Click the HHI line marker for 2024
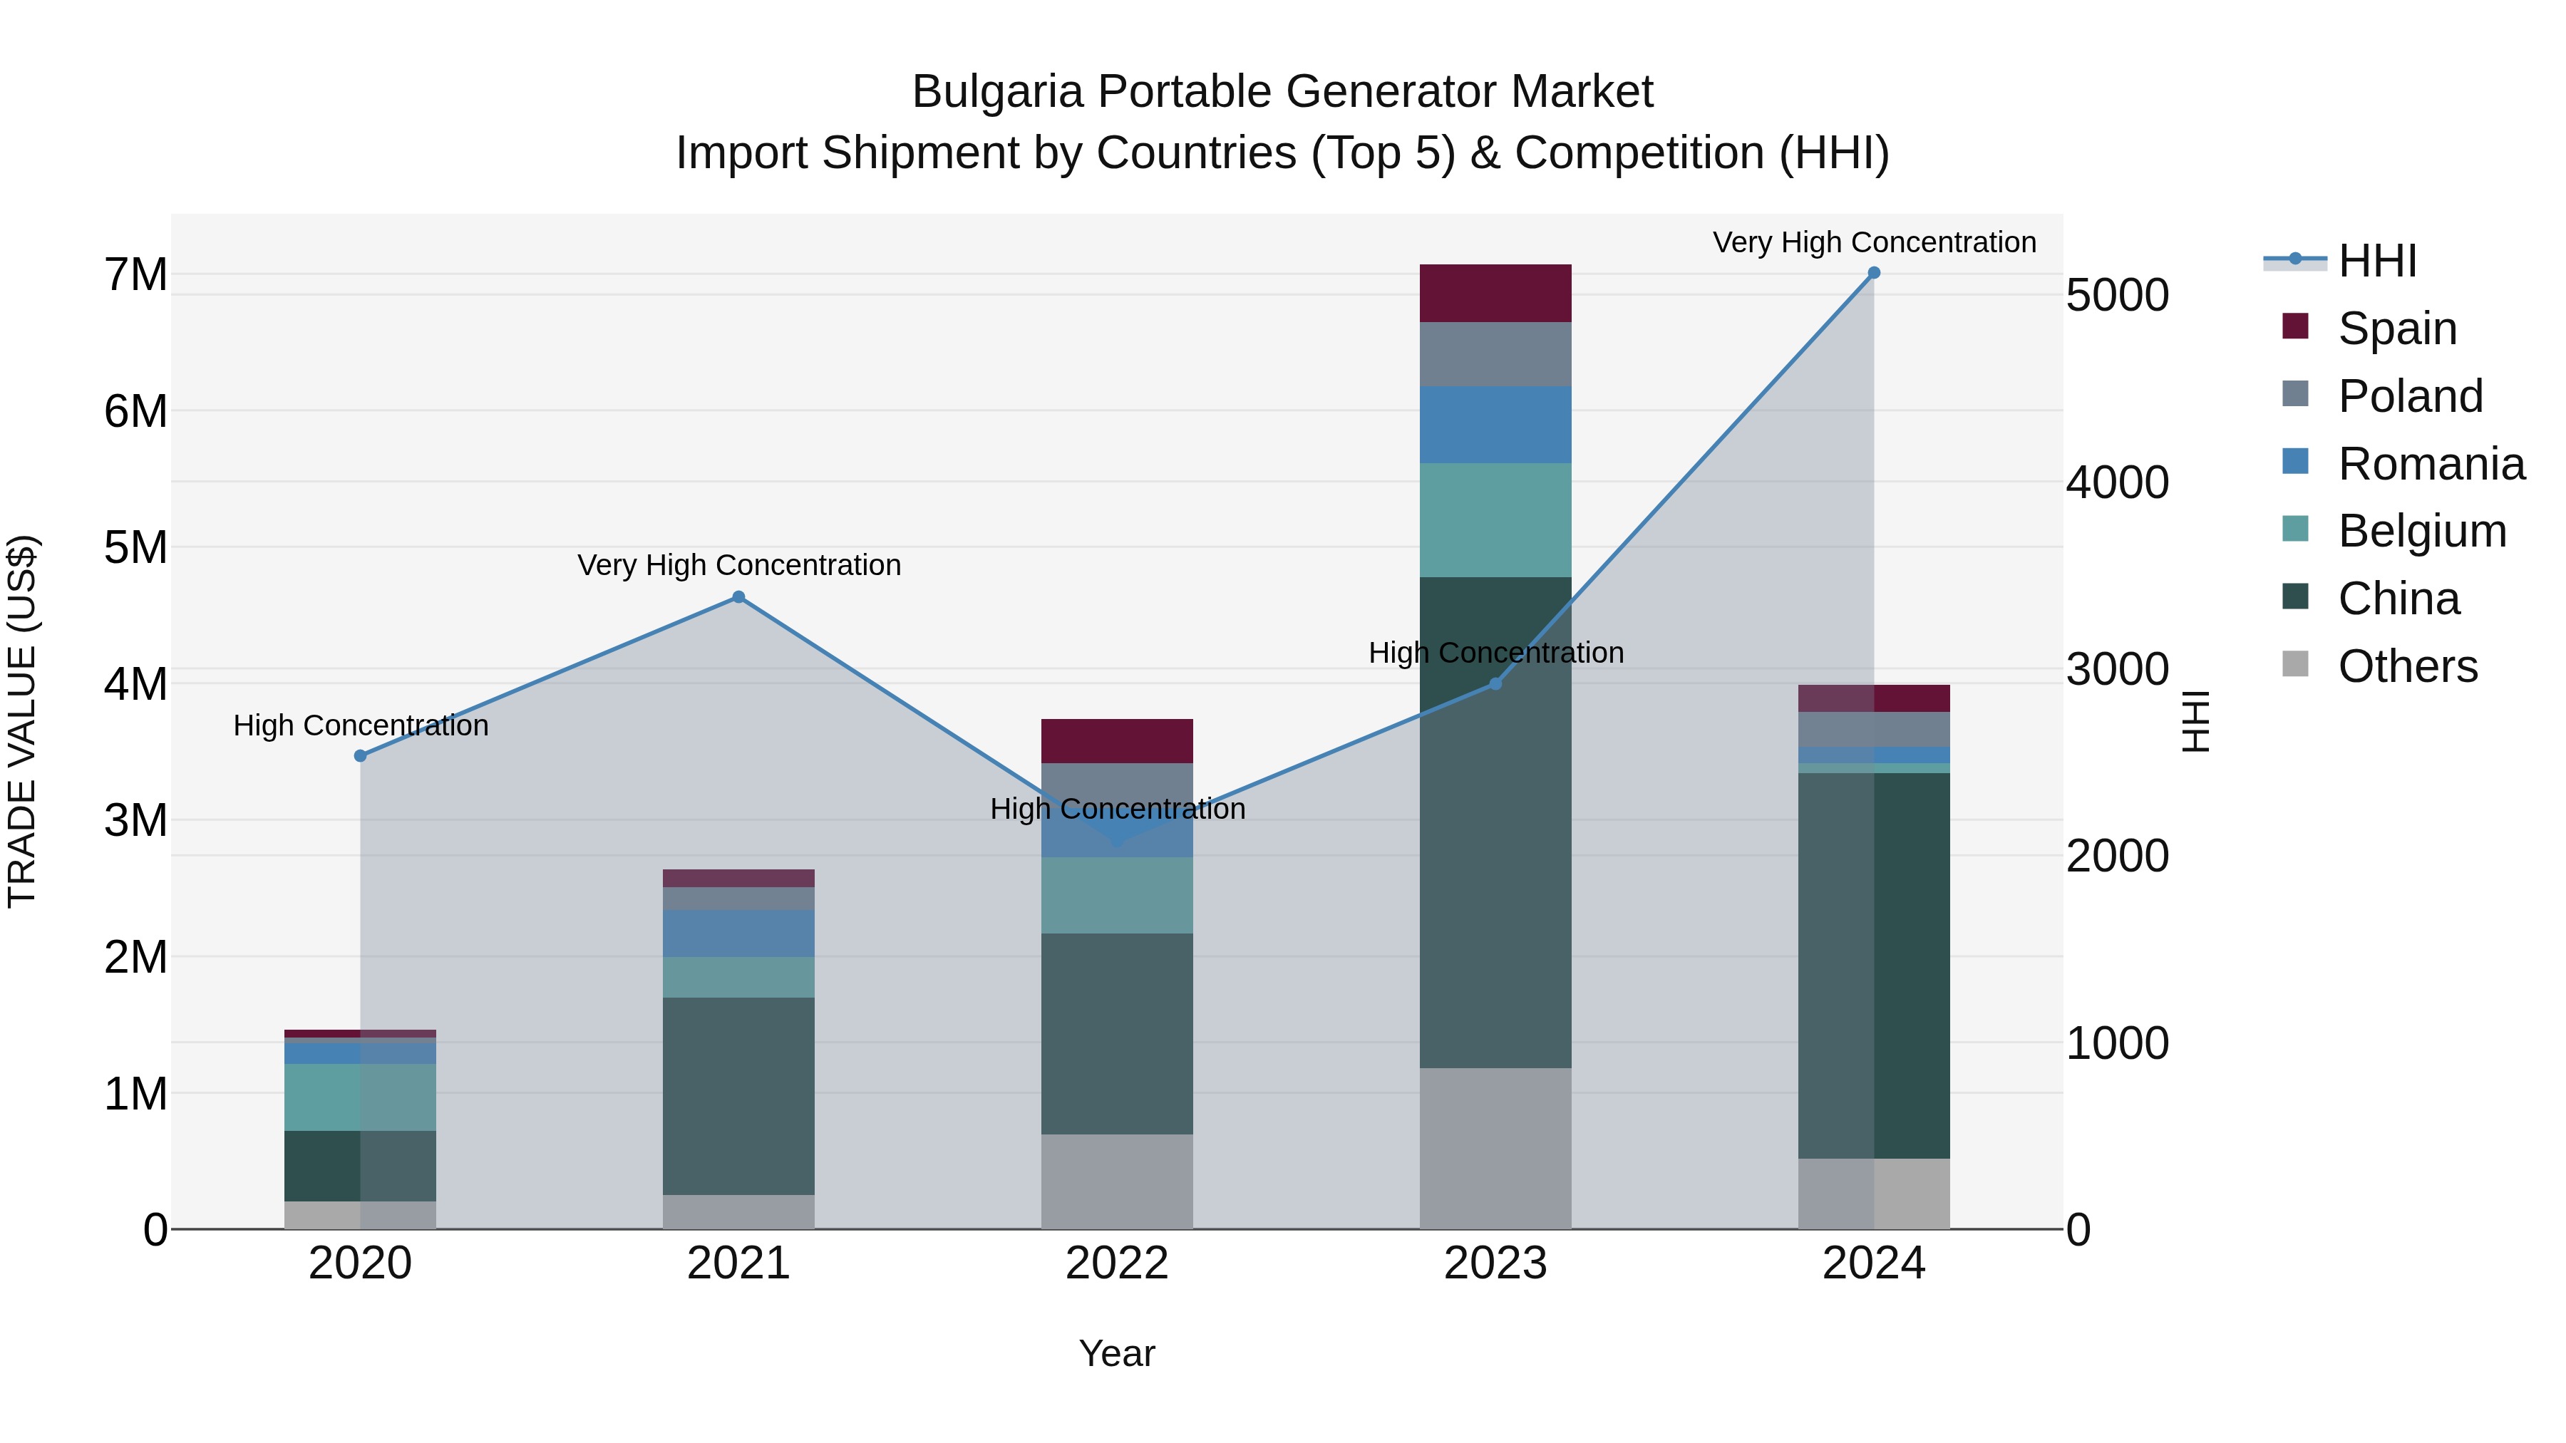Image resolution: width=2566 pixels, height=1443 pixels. point(1874,273)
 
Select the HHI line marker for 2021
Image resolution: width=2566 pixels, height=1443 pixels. point(738,598)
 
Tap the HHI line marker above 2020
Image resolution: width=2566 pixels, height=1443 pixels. point(361,756)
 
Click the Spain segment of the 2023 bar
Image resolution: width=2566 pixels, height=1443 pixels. point(1495,293)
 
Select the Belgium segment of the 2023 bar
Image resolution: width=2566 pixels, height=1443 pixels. point(1495,520)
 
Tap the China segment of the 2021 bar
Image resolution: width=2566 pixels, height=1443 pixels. point(738,1095)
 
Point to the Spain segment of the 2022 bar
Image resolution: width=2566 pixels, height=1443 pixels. point(1117,741)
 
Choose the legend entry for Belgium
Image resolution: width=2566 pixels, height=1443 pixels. point(2421,531)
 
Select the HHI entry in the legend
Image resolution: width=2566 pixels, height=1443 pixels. point(2376,261)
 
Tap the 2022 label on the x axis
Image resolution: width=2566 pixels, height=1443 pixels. point(1117,1263)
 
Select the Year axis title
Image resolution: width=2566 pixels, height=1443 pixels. point(1117,1353)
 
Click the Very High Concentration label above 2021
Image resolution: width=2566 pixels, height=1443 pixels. point(738,564)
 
